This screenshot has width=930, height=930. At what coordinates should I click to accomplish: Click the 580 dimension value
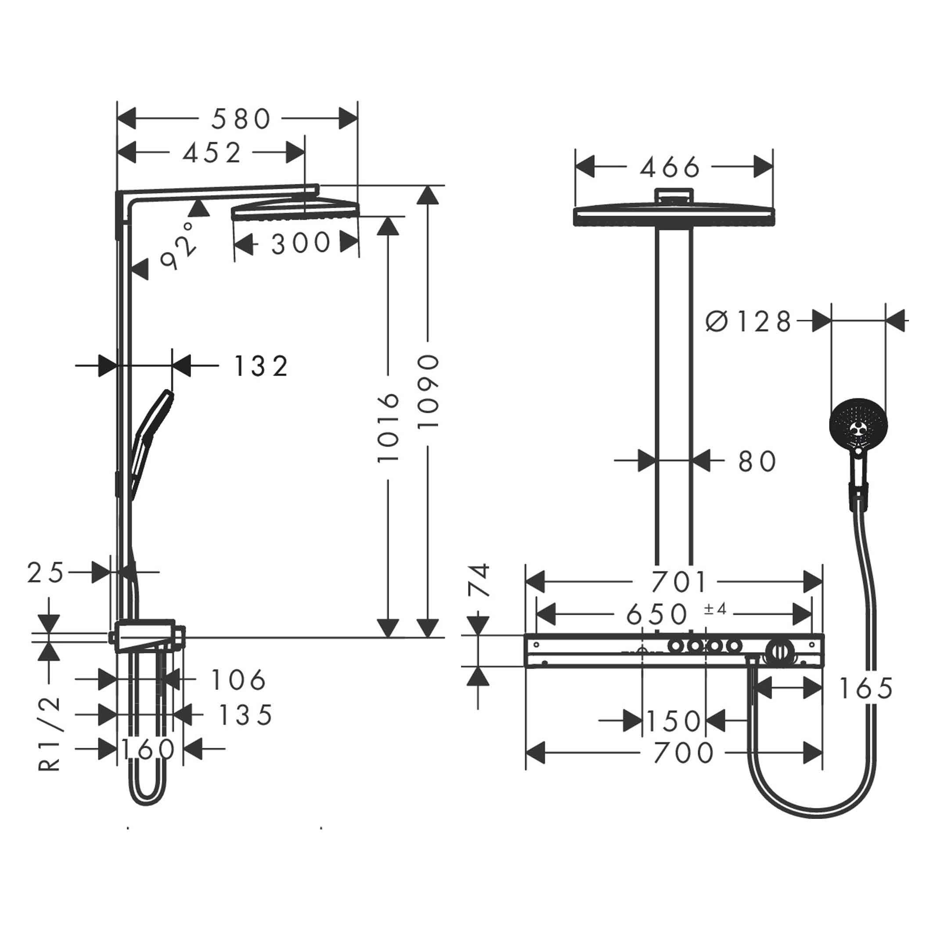click(241, 119)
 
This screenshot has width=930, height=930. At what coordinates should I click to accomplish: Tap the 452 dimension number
click(212, 153)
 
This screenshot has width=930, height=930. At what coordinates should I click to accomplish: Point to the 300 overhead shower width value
click(300, 243)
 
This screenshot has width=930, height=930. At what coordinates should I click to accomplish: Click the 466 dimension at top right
click(670, 168)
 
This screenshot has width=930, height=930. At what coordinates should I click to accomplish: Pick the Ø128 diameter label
click(748, 321)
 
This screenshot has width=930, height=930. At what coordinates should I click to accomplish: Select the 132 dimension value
click(260, 366)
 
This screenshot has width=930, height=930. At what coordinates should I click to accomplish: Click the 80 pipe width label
click(757, 461)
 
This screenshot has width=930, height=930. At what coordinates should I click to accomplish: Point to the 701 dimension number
click(679, 581)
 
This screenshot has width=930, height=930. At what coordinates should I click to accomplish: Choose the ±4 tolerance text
click(715, 609)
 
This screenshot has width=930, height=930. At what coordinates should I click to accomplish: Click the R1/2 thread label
click(50, 734)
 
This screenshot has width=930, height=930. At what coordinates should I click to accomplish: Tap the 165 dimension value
click(865, 689)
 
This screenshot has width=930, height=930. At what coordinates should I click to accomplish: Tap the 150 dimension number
click(674, 721)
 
